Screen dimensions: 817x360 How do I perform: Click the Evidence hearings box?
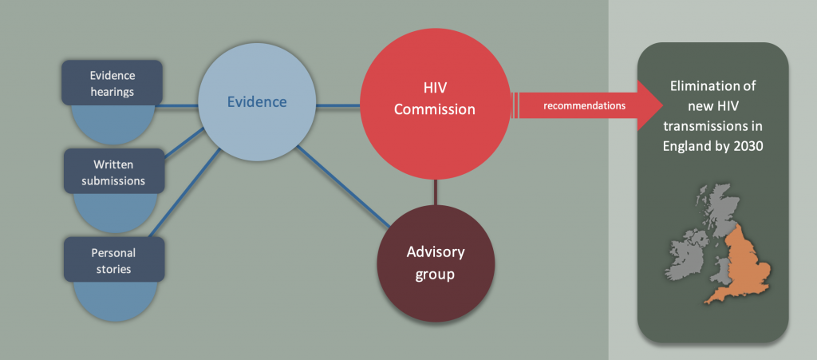pos(112,83)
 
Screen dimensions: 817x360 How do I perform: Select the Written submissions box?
pos(114,172)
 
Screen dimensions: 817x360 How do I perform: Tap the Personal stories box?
pos(114,260)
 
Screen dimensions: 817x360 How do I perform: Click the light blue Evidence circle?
pos(257,101)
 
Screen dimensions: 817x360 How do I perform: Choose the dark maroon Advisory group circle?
pos(436,262)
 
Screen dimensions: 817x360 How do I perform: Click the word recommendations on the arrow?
pos(584,105)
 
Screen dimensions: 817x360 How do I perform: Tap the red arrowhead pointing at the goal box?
pos(649,105)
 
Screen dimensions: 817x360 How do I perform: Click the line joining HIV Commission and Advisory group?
pos(436,192)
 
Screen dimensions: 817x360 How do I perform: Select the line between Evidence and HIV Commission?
pos(337,105)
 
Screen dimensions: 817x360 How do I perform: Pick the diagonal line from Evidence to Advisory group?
pos(343,187)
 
